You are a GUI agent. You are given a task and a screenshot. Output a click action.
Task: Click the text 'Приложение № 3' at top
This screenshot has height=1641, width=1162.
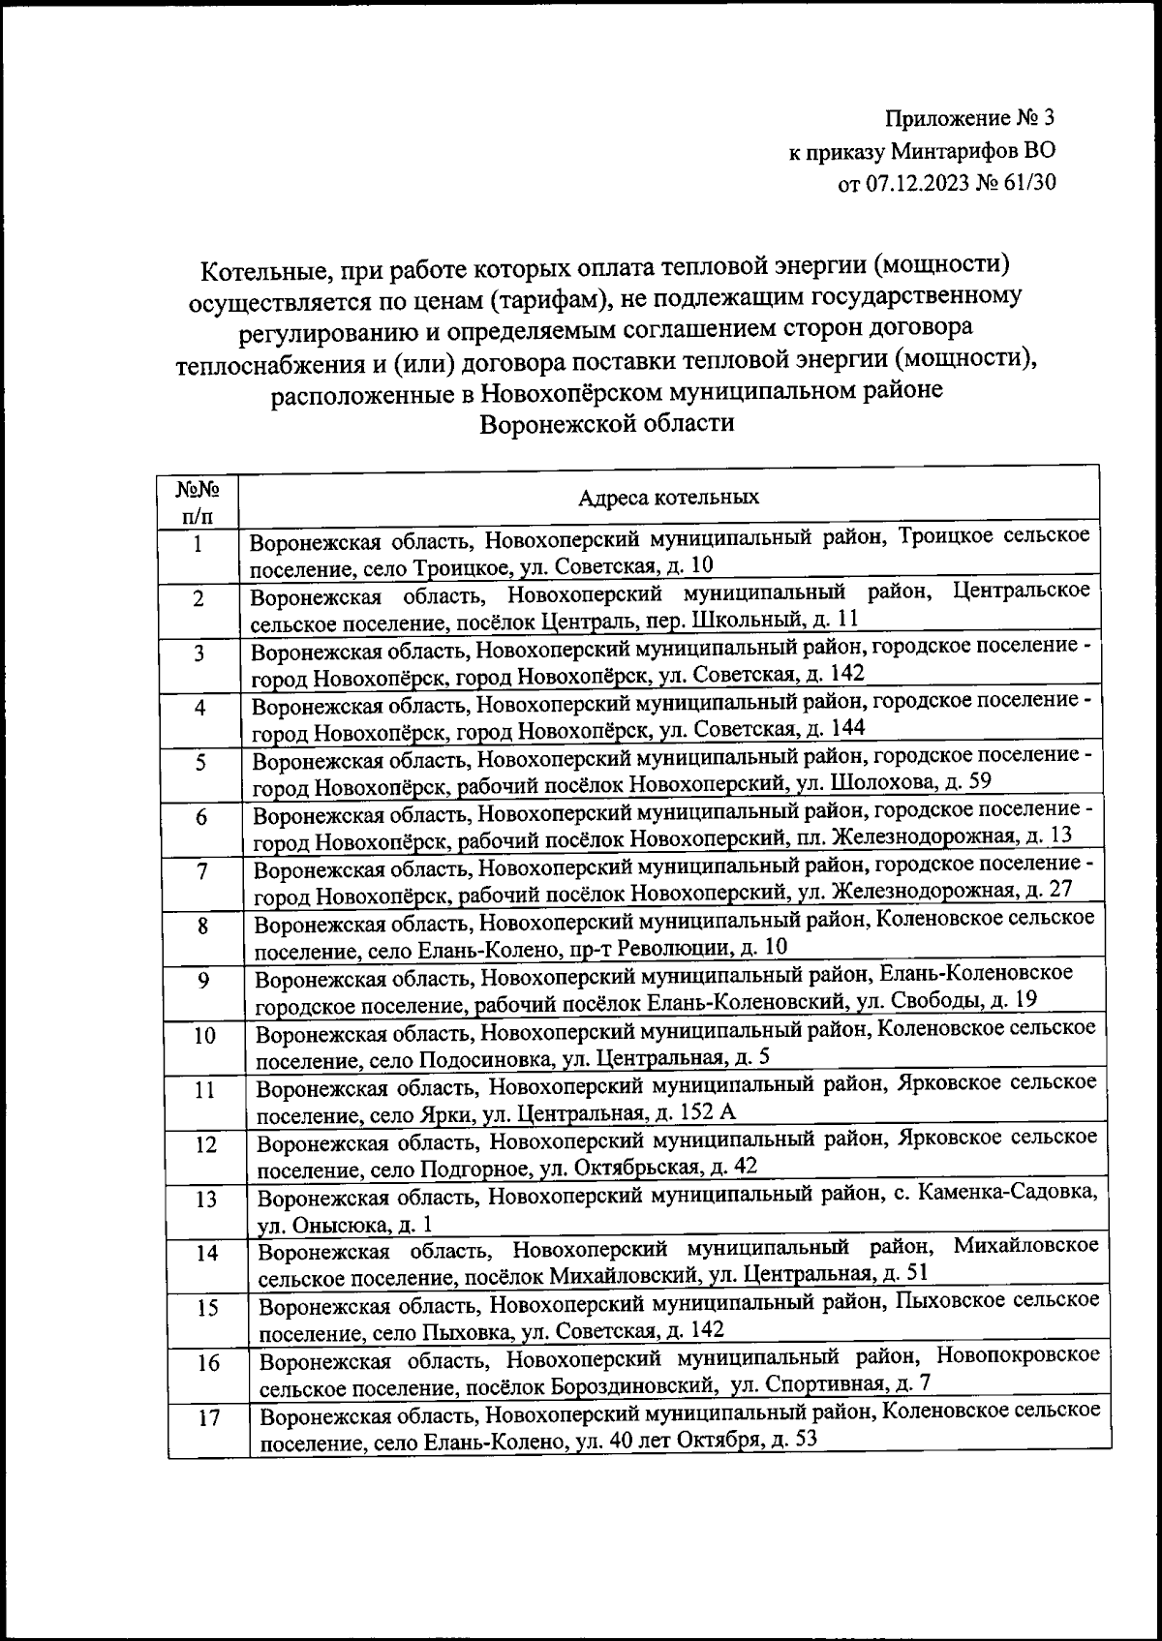(x=967, y=119)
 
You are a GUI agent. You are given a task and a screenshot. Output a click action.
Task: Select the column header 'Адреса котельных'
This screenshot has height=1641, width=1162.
(x=668, y=498)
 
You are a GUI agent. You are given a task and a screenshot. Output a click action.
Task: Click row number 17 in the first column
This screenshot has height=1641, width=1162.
(x=209, y=1418)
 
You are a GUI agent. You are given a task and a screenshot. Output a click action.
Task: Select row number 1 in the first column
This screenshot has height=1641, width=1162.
(x=198, y=544)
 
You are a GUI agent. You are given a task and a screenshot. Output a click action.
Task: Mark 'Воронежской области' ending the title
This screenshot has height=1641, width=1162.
(x=607, y=423)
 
